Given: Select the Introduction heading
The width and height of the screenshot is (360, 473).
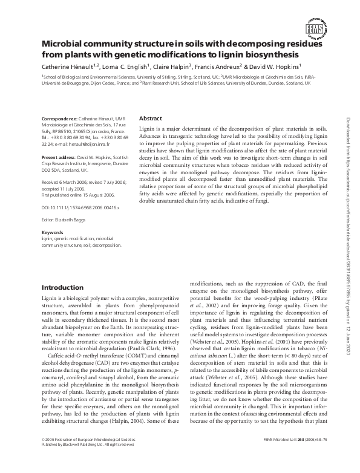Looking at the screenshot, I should [62, 287].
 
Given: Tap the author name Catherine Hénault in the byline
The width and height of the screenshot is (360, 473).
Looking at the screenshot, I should [67, 67].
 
